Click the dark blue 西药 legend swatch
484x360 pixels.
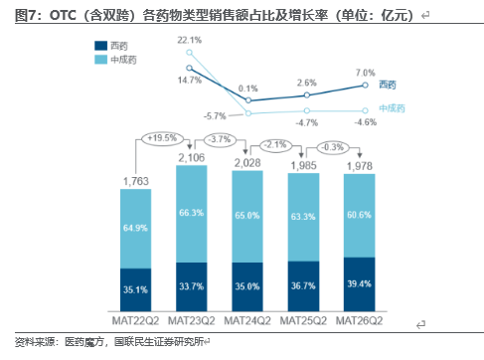click(100, 46)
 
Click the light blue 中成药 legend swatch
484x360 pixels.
click(100, 60)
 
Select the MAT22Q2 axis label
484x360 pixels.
click(135, 321)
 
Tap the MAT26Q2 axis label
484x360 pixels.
click(359, 321)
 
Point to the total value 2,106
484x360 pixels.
click(192, 158)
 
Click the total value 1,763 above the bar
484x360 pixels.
click(136, 181)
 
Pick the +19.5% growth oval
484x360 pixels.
click(162, 138)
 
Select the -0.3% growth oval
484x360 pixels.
click(333, 147)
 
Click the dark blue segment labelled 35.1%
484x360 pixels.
click(135, 289)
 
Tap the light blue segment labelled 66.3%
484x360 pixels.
click(192, 214)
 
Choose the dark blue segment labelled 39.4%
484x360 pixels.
click(360, 284)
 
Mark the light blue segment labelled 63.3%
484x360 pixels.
click(303, 217)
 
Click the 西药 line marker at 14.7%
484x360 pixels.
click(189, 68)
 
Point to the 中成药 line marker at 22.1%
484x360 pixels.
click(189, 53)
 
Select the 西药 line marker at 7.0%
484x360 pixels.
click(365, 86)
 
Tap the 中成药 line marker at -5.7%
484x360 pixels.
click(248, 113)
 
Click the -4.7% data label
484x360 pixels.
click(307, 123)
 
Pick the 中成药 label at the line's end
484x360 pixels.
click(392, 108)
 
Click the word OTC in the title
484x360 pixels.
click(63, 15)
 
